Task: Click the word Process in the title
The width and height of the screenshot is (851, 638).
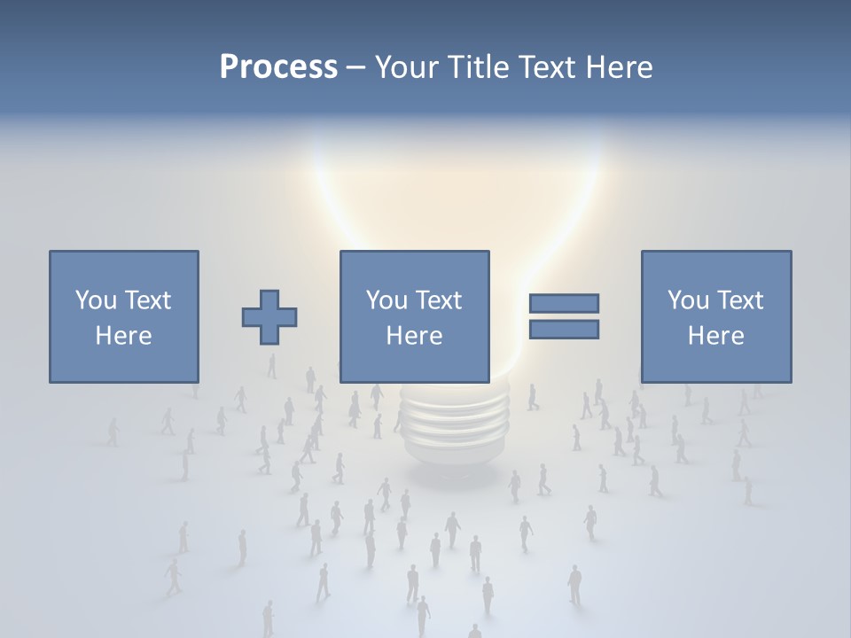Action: click(278, 66)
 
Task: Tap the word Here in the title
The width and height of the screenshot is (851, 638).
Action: click(619, 66)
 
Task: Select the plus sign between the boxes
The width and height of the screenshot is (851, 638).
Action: click(269, 317)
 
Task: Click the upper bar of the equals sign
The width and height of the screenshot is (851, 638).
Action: click(564, 303)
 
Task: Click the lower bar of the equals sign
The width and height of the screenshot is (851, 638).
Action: click(564, 330)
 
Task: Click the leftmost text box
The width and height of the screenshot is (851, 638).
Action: click(124, 316)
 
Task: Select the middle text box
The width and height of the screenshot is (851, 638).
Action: click(414, 316)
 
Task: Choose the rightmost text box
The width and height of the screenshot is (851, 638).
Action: click(715, 316)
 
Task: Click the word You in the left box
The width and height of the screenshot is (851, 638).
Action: click(96, 300)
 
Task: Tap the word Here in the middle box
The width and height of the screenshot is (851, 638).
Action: click(414, 336)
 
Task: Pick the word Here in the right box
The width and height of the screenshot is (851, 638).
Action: click(715, 336)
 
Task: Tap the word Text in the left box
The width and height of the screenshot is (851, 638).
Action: click(147, 300)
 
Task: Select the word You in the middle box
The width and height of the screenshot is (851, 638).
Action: click(386, 300)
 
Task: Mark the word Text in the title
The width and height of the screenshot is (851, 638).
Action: click(547, 66)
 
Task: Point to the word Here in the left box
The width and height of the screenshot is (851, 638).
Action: click(124, 336)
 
